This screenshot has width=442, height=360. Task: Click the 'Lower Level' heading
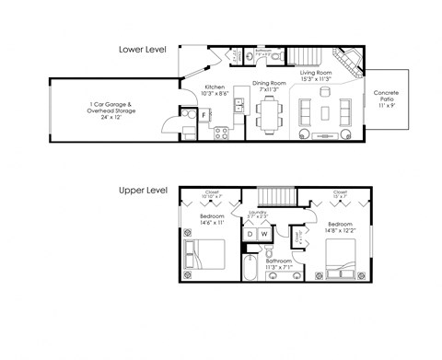coord(142,49)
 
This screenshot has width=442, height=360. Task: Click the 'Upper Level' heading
coord(142,191)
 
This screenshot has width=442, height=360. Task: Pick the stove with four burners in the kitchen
coord(221,132)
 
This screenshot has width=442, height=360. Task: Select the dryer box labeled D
coord(249,235)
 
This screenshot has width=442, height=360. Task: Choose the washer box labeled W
coord(263,235)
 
